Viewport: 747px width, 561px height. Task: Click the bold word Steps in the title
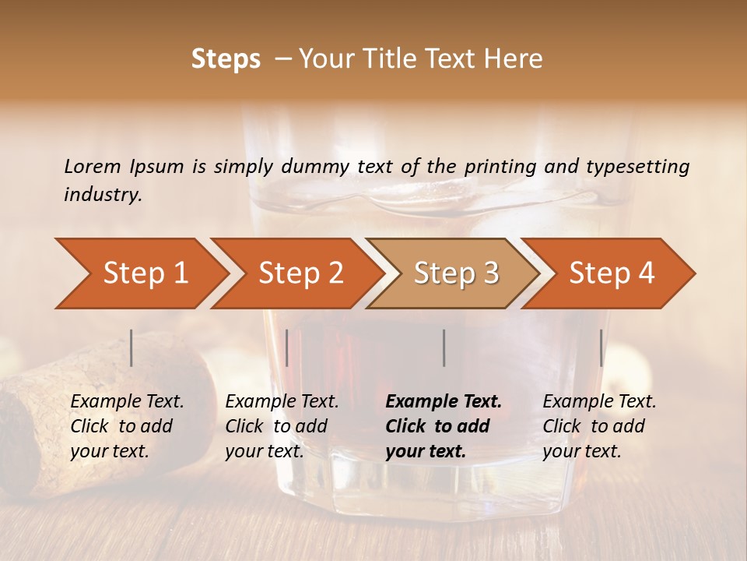226,59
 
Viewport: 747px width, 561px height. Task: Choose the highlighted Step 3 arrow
456,273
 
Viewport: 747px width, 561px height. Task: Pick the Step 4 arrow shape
612,273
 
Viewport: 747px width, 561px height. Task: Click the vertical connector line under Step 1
132,348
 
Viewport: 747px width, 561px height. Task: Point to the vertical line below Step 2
287,348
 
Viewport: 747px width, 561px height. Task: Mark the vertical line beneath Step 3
444,348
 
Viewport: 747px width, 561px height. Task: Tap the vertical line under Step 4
601,348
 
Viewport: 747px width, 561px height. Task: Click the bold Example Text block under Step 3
444,426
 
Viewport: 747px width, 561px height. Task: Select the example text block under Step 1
127,426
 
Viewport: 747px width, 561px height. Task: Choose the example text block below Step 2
282,426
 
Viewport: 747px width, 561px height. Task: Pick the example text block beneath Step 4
599,426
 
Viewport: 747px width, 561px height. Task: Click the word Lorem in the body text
93,167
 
